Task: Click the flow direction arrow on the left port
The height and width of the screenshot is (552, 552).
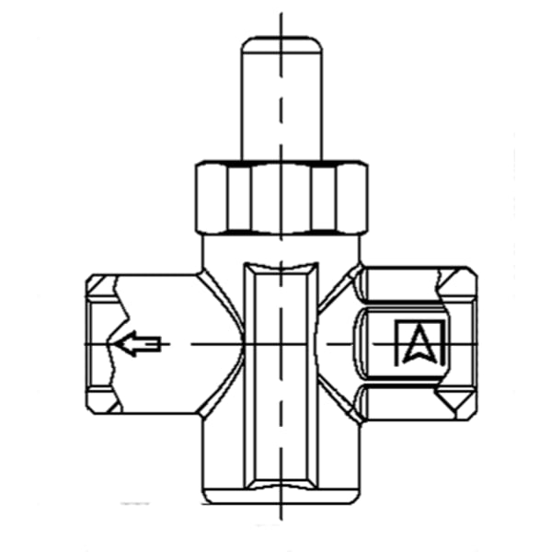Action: tap(138, 343)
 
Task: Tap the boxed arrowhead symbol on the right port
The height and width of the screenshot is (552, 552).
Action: tap(420, 342)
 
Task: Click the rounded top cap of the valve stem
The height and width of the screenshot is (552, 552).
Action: tap(282, 44)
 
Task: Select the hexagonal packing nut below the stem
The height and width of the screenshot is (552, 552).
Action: tap(282, 197)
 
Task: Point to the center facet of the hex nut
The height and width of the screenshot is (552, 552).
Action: tap(282, 198)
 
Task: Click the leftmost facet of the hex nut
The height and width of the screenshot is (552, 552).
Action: tap(212, 197)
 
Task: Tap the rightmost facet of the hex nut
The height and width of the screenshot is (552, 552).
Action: tap(351, 197)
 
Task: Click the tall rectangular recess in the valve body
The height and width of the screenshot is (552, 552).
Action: tap(281, 375)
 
